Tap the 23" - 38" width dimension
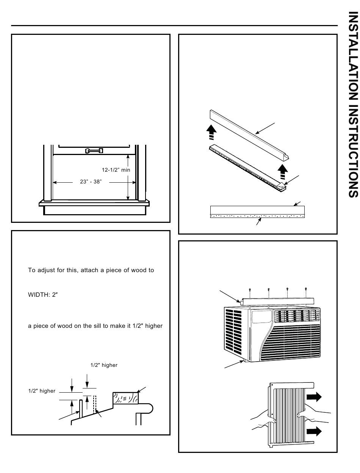point(91,182)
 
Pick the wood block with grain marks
point(125,398)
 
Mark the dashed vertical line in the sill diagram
point(95,404)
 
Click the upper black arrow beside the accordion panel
point(314,397)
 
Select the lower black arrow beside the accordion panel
point(314,431)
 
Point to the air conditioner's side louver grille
point(233,334)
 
